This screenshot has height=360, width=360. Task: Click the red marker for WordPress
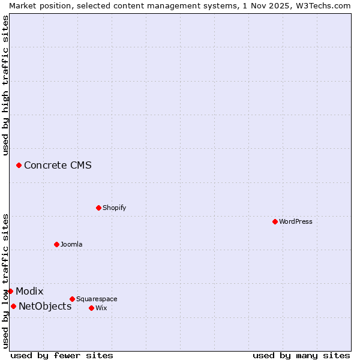click(275, 221)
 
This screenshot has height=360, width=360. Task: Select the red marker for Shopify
click(98, 208)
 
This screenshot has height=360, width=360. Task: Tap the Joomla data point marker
click(56, 244)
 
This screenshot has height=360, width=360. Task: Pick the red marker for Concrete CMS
click(19, 165)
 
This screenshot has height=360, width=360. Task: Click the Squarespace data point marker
click(72, 299)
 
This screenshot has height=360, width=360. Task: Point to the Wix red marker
click(91, 308)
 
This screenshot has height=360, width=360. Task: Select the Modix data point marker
click(10, 291)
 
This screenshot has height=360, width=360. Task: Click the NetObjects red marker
click(13, 306)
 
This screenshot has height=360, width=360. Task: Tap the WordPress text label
click(296, 221)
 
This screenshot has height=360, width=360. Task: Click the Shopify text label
click(114, 208)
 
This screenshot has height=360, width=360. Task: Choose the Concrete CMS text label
click(58, 165)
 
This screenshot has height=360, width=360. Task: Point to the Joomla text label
click(71, 244)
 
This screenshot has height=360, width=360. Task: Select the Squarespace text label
click(97, 299)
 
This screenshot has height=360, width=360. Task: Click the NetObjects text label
click(45, 306)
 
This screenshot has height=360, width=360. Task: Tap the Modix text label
click(29, 291)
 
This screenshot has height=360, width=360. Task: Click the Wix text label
click(101, 308)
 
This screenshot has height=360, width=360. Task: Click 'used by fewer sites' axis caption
click(62, 355)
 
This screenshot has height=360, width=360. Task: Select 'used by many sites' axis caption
click(301, 355)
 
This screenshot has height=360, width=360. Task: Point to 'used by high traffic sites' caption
click(5, 85)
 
